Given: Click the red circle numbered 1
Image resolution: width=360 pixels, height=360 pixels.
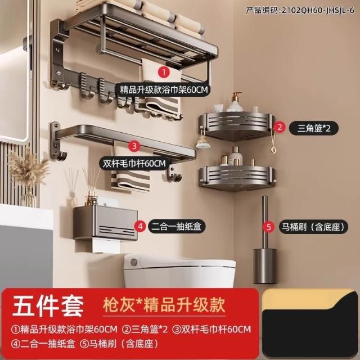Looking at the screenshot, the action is tap(164, 73).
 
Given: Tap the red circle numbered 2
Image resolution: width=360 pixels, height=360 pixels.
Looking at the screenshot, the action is tap(279, 128).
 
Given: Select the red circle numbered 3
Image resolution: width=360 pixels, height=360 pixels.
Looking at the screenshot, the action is tap(134, 146).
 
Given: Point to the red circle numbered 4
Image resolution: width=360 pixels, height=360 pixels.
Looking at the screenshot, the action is tap(140, 227).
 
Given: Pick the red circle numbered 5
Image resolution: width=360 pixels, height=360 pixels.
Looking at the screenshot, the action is tap(269, 227).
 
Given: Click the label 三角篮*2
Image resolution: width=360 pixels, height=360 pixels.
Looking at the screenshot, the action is tap(314, 128).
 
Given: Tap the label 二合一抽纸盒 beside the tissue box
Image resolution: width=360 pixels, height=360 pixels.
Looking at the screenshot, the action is tap(177, 227).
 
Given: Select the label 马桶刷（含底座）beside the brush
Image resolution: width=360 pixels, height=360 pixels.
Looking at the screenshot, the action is tap(313, 227).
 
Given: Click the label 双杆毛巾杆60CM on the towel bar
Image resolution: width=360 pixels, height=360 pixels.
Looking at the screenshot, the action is tap(134, 164).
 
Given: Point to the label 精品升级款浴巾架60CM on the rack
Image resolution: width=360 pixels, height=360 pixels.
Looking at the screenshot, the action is tap(164, 89).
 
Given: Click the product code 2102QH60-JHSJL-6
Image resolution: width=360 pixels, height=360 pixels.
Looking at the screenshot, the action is tap(300, 11).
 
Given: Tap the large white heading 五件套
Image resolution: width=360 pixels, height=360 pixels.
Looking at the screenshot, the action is tap(48, 306).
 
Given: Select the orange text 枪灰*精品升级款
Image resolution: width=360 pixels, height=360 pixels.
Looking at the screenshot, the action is tap(164, 305).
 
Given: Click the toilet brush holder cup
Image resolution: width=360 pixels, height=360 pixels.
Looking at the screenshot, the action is tap(265, 266).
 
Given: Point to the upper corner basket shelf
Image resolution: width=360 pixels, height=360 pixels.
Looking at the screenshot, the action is tap(236, 126).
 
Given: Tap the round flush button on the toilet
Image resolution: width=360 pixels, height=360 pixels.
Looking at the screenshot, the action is tap(134, 262).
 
